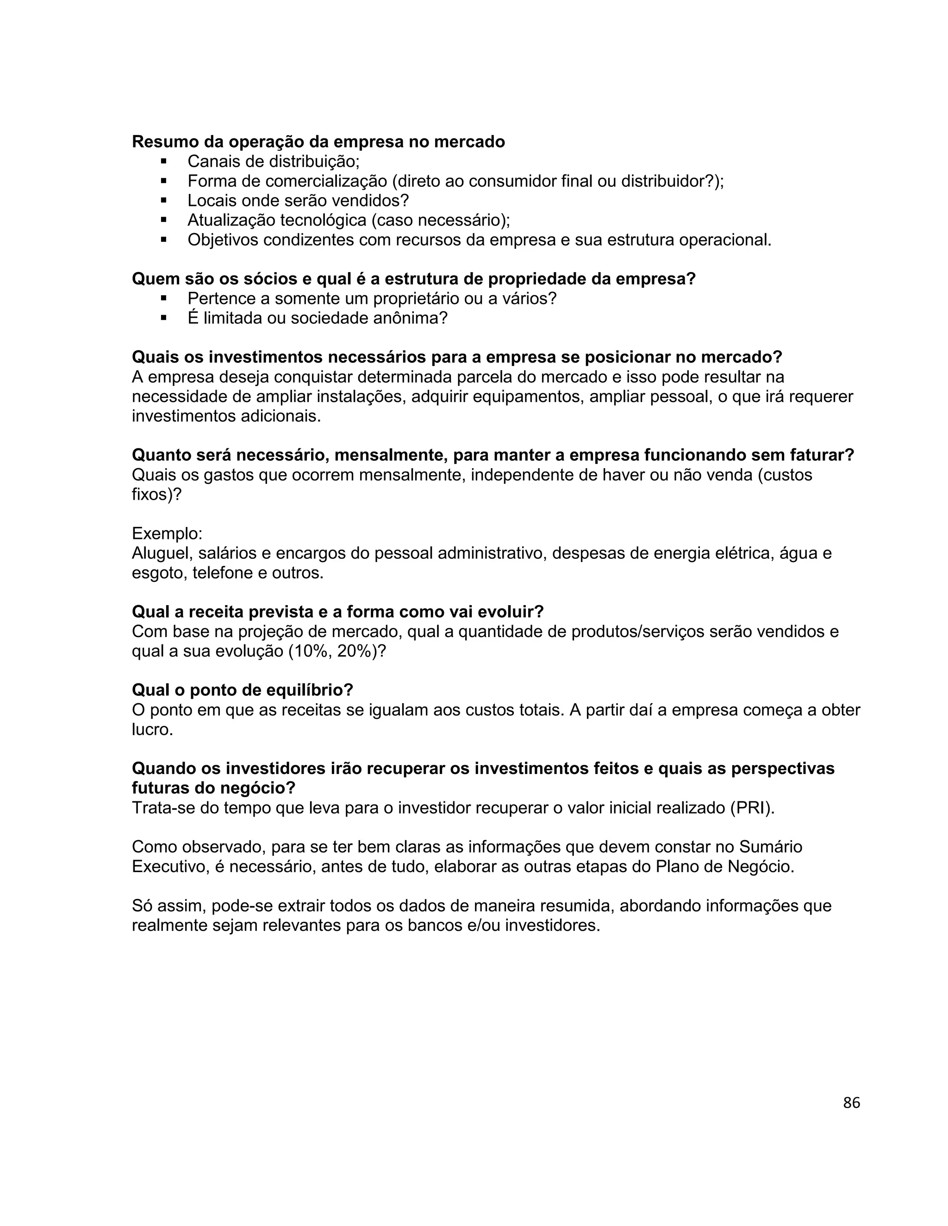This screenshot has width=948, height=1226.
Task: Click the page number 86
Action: [851, 1103]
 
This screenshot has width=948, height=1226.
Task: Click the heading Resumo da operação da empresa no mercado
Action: [318, 142]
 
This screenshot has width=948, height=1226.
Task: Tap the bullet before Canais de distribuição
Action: [164, 161]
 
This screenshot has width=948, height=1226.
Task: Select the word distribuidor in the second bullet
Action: [661, 181]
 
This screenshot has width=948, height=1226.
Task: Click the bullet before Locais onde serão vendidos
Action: [164, 200]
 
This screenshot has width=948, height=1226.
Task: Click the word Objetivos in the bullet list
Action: [223, 240]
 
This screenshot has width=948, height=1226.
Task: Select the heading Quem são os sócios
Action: [413, 279]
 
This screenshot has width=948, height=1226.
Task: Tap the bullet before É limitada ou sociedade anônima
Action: [164, 318]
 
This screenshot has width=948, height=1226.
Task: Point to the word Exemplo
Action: [167, 533]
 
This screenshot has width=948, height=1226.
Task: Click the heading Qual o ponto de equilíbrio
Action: [242, 690]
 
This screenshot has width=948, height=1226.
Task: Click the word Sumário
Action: [771, 847]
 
